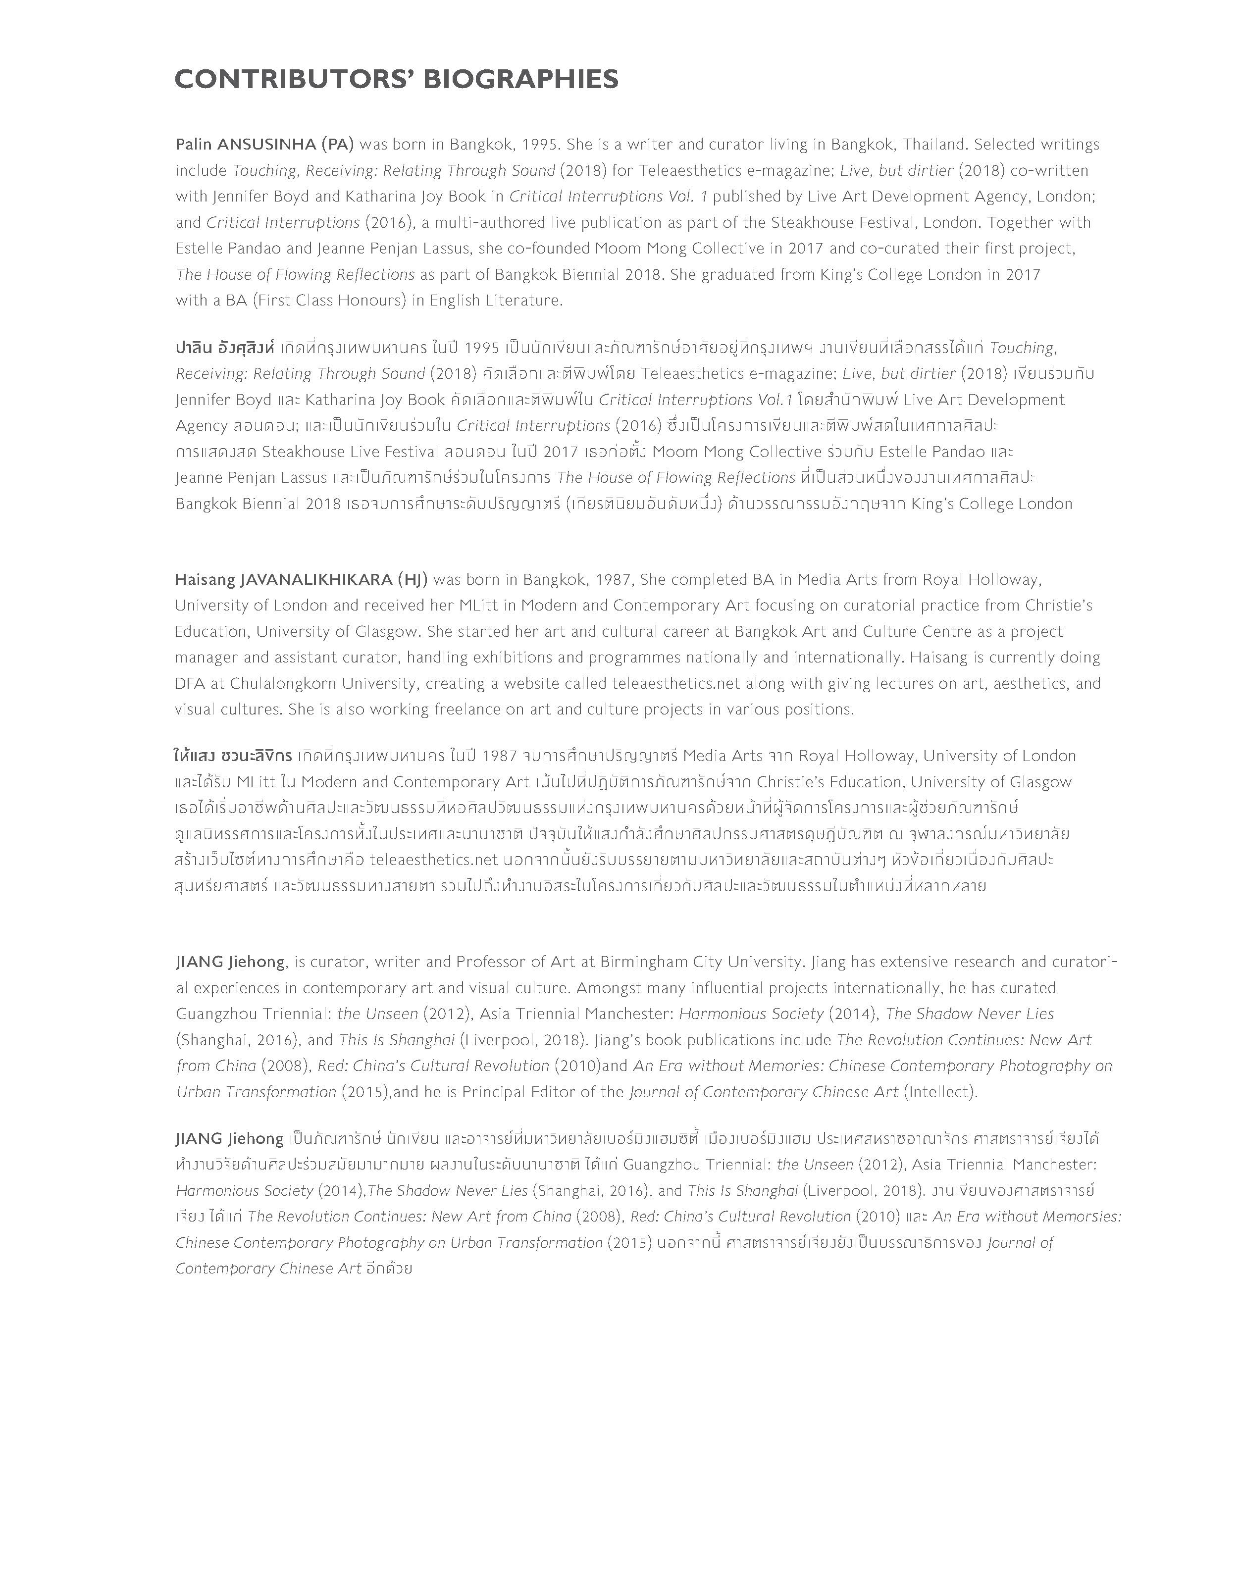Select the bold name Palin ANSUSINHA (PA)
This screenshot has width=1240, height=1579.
[264, 145]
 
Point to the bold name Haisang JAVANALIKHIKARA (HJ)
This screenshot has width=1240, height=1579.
[301, 579]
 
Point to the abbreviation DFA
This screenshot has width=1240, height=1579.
[191, 684]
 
